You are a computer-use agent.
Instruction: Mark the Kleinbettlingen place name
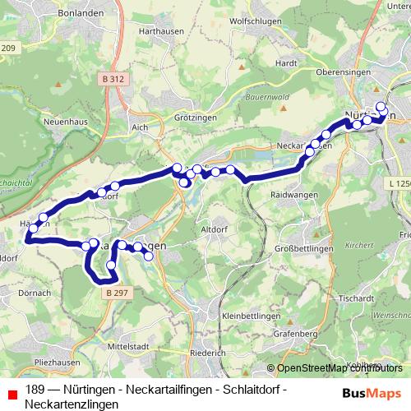(252, 316)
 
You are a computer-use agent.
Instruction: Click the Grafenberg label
(297, 335)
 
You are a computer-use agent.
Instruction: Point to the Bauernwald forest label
(263, 95)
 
